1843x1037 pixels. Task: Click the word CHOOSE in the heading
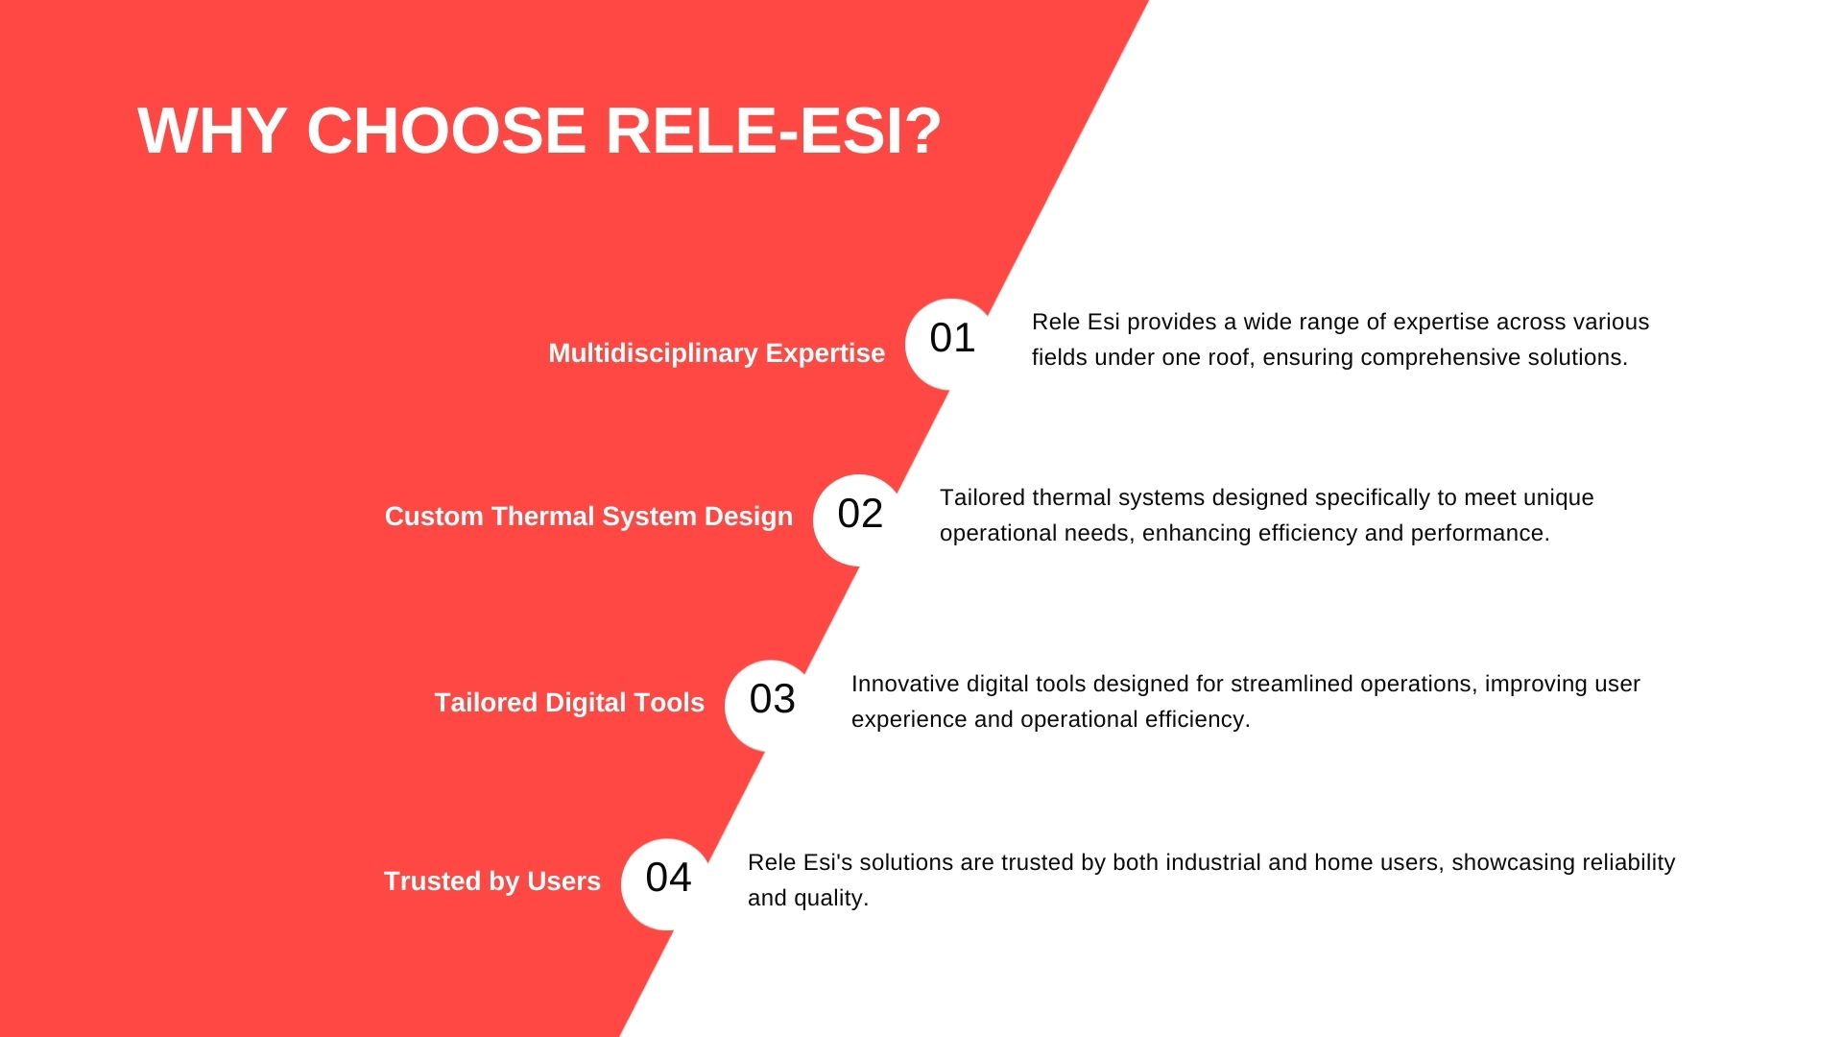(446, 131)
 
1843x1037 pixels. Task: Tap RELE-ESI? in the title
(774, 131)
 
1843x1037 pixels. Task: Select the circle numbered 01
(952, 343)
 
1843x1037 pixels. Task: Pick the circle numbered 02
(860, 519)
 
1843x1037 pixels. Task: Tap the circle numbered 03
(772, 705)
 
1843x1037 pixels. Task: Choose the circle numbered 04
(668, 883)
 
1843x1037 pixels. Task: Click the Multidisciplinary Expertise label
(716, 353)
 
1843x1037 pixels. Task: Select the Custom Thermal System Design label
(588, 517)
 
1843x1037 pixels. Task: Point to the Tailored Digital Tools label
(569, 703)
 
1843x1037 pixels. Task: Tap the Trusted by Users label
(492, 881)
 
